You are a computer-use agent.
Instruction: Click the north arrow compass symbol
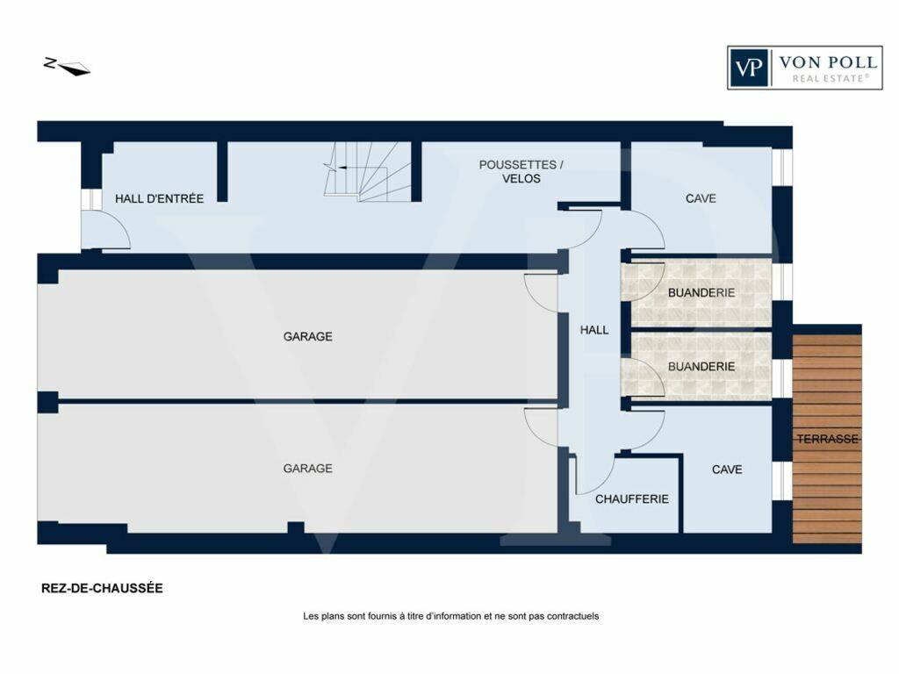67,67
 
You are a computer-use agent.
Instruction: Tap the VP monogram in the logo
749,68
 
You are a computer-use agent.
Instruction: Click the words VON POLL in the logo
828,62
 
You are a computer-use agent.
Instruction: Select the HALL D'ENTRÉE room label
160,199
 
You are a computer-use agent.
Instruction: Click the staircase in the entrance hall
368,171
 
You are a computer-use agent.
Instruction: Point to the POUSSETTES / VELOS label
521,171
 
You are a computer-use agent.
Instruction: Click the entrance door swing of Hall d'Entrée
106,229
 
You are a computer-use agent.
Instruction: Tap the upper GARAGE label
308,336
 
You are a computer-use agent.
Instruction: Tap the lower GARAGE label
308,469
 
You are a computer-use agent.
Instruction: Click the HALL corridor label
594,330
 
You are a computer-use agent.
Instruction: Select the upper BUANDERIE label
701,293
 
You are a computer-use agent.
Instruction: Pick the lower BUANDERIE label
701,366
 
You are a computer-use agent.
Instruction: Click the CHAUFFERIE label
632,499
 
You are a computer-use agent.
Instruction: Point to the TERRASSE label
827,439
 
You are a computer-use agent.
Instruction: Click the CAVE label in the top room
701,198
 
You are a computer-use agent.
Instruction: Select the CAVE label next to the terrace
727,470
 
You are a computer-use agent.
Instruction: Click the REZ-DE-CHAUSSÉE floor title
102,589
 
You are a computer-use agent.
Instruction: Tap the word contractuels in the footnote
572,616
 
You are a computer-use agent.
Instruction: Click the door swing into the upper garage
541,293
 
